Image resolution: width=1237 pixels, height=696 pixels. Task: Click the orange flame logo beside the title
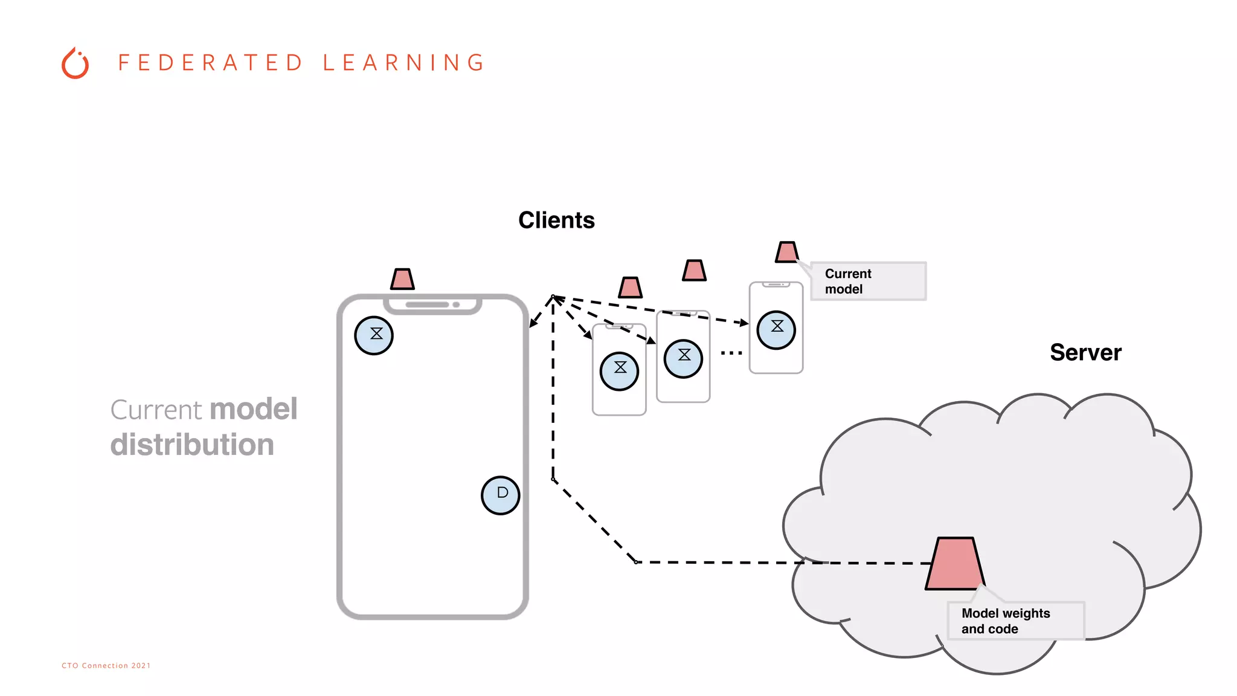click(x=76, y=63)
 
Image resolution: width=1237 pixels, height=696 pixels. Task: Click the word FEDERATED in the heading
click(x=210, y=63)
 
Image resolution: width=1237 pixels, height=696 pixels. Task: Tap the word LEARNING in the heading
click(x=403, y=63)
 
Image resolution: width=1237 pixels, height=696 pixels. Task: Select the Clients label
click(x=556, y=221)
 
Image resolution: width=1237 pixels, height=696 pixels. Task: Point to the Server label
click(x=1085, y=352)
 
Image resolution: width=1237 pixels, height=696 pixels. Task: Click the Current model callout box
click(x=867, y=281)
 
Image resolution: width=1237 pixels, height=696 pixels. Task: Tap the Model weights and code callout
click(x=1015, y=621)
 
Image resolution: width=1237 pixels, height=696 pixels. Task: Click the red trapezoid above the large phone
click(x=402, y=279)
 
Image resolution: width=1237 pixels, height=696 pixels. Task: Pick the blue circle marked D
click(x=501, y=495)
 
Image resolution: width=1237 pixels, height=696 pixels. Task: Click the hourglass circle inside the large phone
click(x=374, y=335)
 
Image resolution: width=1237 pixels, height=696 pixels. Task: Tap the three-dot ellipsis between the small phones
click(x=731, y=353)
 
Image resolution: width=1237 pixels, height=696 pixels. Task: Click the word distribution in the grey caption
click(x=192, y=445)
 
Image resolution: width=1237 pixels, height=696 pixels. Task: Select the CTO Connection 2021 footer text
click(x=106, y=666)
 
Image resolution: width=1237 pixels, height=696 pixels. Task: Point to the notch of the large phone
click(x=432, y=305)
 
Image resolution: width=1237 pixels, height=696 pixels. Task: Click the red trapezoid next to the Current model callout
click(x=787, y=252)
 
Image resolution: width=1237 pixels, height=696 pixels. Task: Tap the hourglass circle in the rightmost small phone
click(x=776, y=330)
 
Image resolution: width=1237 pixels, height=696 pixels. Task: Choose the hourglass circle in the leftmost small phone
click(x=619, y=371)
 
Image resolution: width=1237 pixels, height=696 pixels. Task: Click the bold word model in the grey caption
click(x=254, y=409)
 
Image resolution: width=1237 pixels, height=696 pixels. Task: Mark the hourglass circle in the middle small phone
click(x=683, y=358)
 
